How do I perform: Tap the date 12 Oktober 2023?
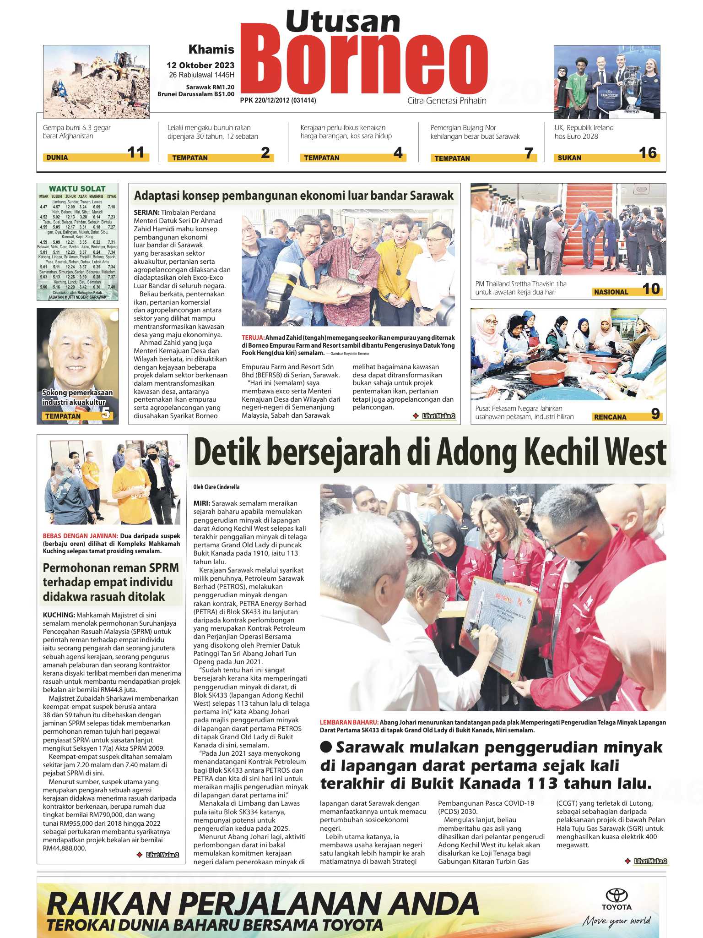pos(200,65)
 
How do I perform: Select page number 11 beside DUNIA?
pos(136,153)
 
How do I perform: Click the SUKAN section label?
pos(569,158)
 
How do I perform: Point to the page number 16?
pos(648,153)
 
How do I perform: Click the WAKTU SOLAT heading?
pos(77,189)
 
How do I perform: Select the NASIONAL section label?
pos(611,292)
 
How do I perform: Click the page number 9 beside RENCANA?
pos(655,414)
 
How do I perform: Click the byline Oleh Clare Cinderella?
pos(216,487)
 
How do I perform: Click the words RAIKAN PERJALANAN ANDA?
pos(263,903)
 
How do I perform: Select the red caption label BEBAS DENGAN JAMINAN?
pos(80,535)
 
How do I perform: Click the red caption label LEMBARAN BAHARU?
pos(349,722)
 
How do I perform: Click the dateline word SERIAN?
pos(146,213)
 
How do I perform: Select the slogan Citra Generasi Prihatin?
pos(447,101)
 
